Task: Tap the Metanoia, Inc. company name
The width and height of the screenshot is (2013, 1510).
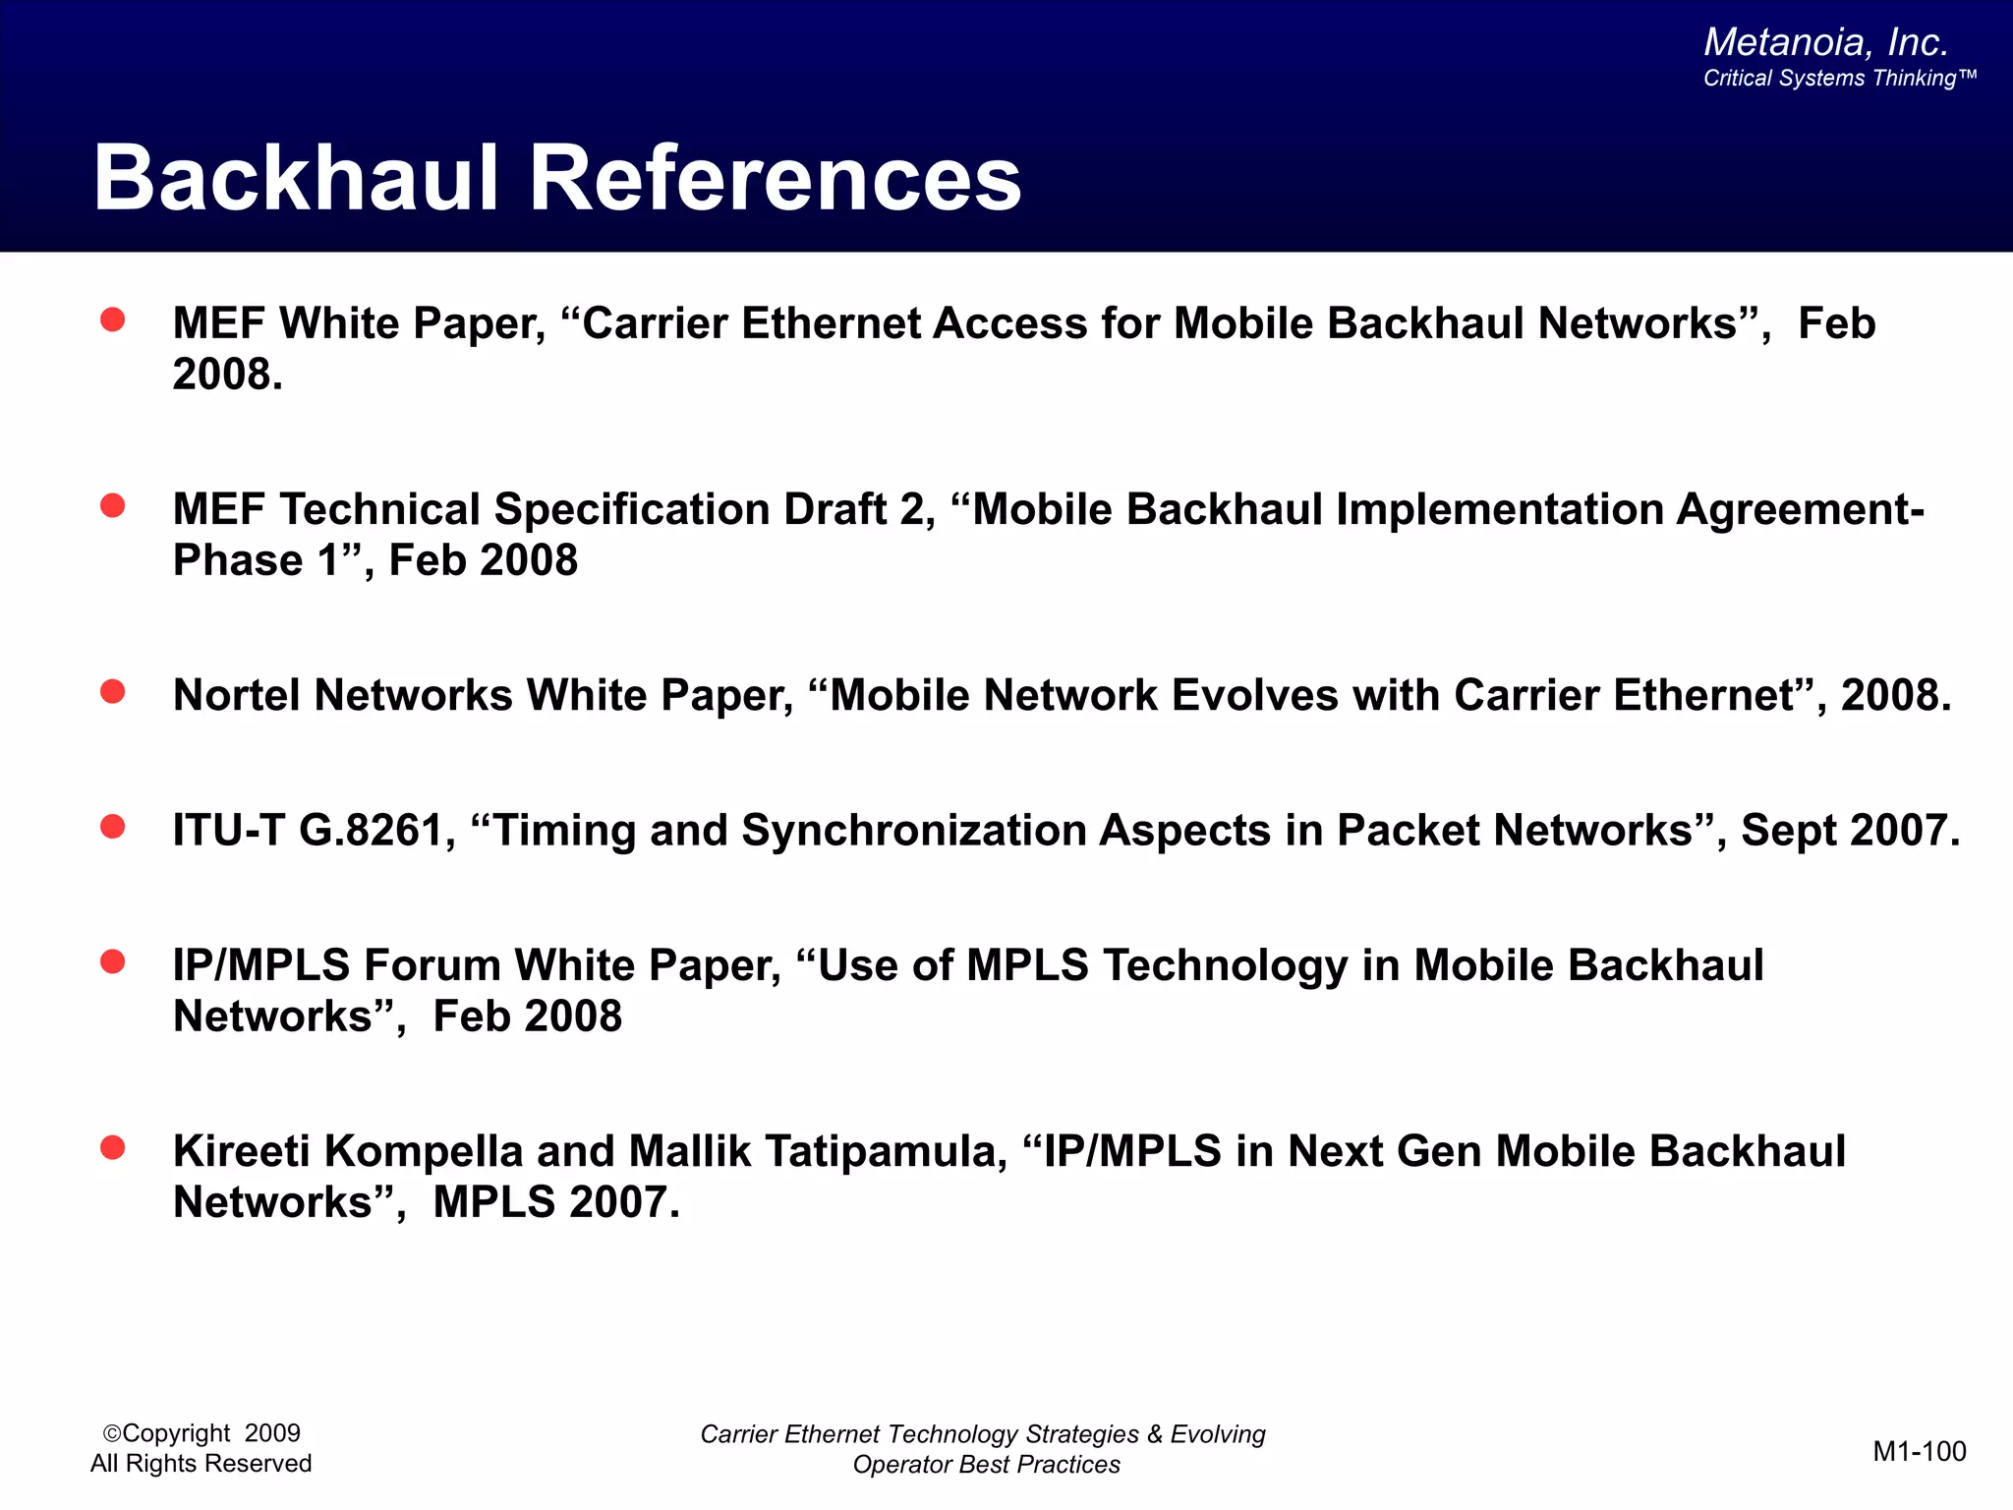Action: tap(1825, 42)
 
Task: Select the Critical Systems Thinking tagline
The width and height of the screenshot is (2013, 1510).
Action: tap(1838, 79)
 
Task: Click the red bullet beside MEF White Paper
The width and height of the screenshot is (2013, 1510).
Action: tap(113, 319)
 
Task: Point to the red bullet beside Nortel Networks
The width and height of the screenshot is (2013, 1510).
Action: tap(113, 692)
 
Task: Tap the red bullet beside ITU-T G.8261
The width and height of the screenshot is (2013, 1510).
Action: tap(113, 827)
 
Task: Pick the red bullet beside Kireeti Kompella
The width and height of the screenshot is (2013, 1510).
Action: tap(113, 1147)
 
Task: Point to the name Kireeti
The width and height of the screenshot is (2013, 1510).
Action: tap(241, 1151)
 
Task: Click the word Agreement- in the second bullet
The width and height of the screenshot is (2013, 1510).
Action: tap(1800, 510)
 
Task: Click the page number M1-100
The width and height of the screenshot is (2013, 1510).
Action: tap(1919, 1451)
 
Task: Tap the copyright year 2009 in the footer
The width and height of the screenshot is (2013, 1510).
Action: tap(272, 1433)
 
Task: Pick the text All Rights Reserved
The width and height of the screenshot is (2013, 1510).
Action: tap(201, 1464)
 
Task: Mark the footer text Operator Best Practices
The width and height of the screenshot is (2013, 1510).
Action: tap(986, 1465)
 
